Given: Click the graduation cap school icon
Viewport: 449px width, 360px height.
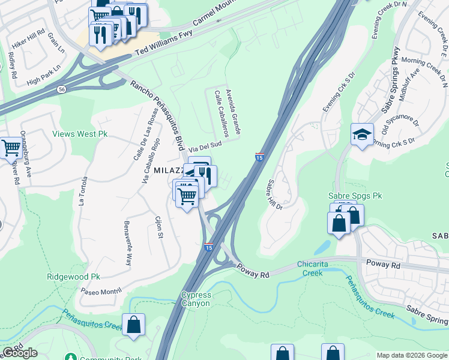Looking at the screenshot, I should click(x=362, y=135).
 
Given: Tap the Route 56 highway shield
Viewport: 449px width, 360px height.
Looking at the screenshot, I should click(x=62, y=89).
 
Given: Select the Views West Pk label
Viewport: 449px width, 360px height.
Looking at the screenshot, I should click(x=80, y=134).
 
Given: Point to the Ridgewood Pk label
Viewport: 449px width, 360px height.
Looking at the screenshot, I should click(x=73, y=277).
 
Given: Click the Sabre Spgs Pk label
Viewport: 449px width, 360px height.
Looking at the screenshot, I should click(x=355, y=196).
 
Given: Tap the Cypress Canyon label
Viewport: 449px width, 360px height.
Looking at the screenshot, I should click(x=196, y=299).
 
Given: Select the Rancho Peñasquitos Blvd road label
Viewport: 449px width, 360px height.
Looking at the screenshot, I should click(x=157, y=113).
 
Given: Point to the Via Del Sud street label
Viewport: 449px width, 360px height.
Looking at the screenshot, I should click(x=205, y=145).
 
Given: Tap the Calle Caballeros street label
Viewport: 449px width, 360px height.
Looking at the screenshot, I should click(x=220, y=113).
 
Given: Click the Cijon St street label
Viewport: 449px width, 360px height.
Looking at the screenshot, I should click(x=160, y=227).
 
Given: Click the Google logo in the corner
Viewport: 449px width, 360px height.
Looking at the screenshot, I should click(x=20, y=353).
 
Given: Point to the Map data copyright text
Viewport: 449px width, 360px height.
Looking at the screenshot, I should click(x=411, y=355).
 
